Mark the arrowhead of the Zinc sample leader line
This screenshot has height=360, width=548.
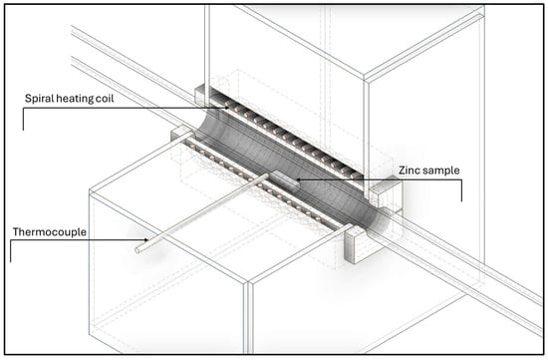point(295,180)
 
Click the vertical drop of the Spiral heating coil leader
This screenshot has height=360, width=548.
point(22,118)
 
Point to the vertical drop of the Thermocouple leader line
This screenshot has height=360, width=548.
point(11,249)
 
